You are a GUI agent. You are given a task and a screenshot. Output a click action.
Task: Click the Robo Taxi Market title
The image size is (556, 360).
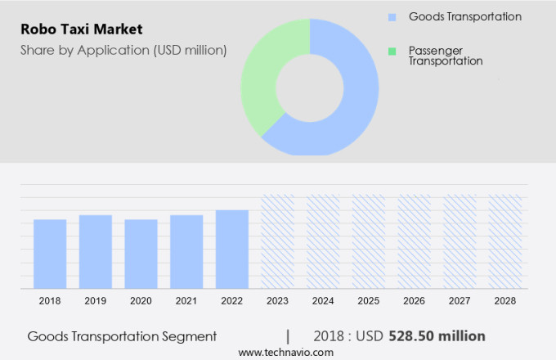click(x=82, y=29)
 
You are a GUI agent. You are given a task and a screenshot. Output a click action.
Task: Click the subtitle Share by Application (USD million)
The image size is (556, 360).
click(x=123, y=50)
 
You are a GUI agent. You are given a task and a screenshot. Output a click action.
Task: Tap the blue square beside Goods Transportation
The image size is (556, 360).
click(x=392, y=16)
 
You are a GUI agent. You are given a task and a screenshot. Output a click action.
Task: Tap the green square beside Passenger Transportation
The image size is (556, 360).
click(x=392, y=51)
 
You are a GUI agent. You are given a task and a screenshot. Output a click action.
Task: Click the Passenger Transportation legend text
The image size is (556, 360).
click(x=446, y=56)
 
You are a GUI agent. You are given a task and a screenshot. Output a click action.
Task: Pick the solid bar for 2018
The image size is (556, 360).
click(x=50, y=254)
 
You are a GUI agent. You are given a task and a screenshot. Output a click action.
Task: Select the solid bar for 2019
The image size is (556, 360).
click(x=96, y=251)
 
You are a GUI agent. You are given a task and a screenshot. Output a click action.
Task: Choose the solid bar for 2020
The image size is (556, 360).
click(x=141, y=254)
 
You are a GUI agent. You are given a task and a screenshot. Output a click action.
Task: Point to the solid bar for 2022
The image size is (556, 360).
click(x=232, y=249)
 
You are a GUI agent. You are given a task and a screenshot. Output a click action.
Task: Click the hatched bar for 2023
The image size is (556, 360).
click(x=277, y=241)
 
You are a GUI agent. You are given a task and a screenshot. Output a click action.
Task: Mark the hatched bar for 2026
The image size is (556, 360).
click(x=414, y=241)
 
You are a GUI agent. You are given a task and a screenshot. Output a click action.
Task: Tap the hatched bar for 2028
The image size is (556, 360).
click(x=504, y=241)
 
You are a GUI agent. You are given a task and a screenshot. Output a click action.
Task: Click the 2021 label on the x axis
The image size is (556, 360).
click(x=186, y=301)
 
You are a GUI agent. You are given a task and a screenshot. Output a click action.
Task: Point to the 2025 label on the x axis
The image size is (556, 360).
click(x=368, y=301)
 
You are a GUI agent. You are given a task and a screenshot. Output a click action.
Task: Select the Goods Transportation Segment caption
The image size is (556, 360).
click(x=122, y=336)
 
